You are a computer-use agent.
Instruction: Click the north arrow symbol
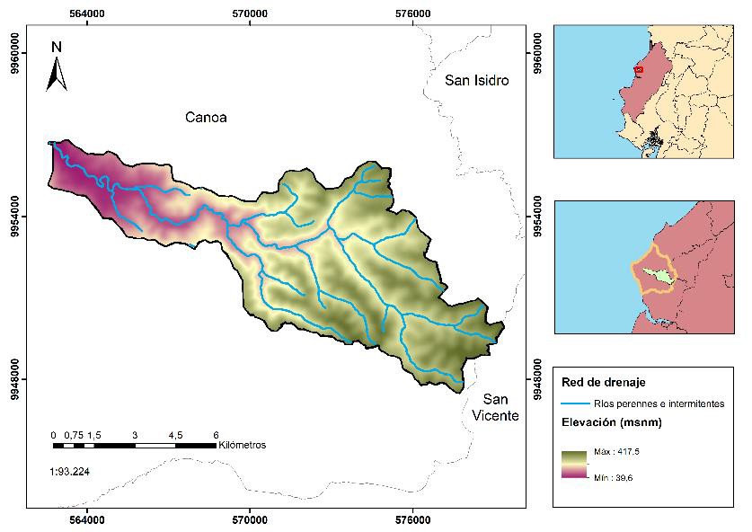coord(57,67)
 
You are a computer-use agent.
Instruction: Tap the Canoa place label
coord(206,118)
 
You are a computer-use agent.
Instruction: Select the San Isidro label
coord(477,81)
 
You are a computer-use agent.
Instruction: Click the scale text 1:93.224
coord(69,471)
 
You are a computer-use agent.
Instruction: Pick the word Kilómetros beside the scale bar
coord(242,445)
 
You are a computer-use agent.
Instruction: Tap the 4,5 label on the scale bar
coord(175,434)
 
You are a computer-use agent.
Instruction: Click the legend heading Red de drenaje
coord(598,384)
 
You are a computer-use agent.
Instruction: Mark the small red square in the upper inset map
coord(639,70)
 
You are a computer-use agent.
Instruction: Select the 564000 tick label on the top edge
coord(87,13)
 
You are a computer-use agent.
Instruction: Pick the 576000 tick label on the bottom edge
coord(411,520)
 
